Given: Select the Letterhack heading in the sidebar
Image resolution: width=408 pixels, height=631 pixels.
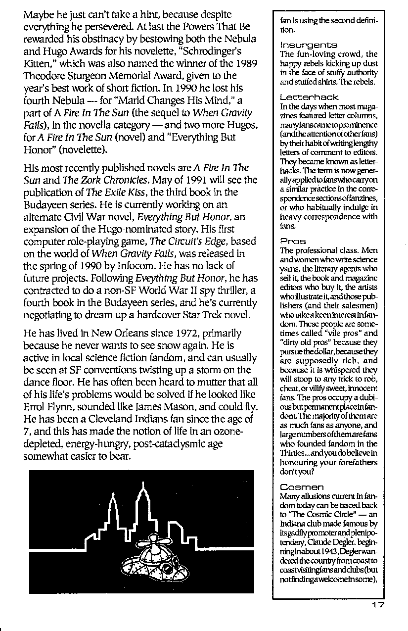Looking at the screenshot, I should (x=302, y=97).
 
